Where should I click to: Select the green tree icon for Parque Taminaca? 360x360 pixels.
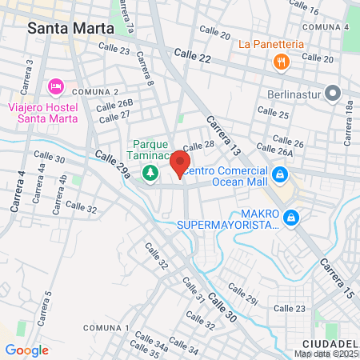point(149,172)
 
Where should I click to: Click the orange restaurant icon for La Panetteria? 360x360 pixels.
point(280,61)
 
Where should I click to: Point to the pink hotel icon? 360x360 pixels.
point(55,86)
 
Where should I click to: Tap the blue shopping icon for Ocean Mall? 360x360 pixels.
point(279,174)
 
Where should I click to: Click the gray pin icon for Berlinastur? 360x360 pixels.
point(334,90)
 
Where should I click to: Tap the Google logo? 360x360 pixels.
point(26,350)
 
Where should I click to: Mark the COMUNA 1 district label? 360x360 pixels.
point(106,329)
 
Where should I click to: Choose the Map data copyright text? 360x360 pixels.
point(326,354)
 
